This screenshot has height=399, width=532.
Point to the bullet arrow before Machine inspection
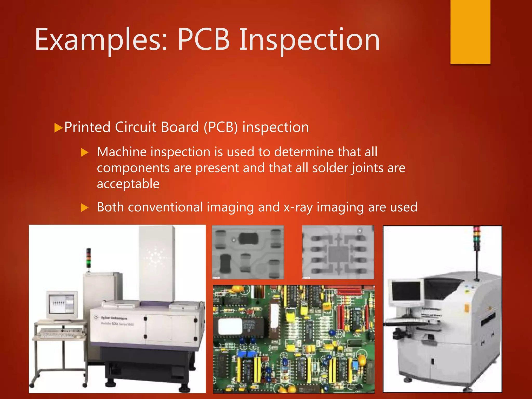[x=85, y=152]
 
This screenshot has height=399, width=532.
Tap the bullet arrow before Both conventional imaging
[x=85, y=208]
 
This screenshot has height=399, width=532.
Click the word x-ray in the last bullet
[x=298, y=207]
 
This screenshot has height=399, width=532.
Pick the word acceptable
[x=128, y=184]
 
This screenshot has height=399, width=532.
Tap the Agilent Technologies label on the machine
[x=114, y=318]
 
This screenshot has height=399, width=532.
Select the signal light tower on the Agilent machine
[x=89, y=259]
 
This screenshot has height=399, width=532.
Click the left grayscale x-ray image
[x=248, y=252]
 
